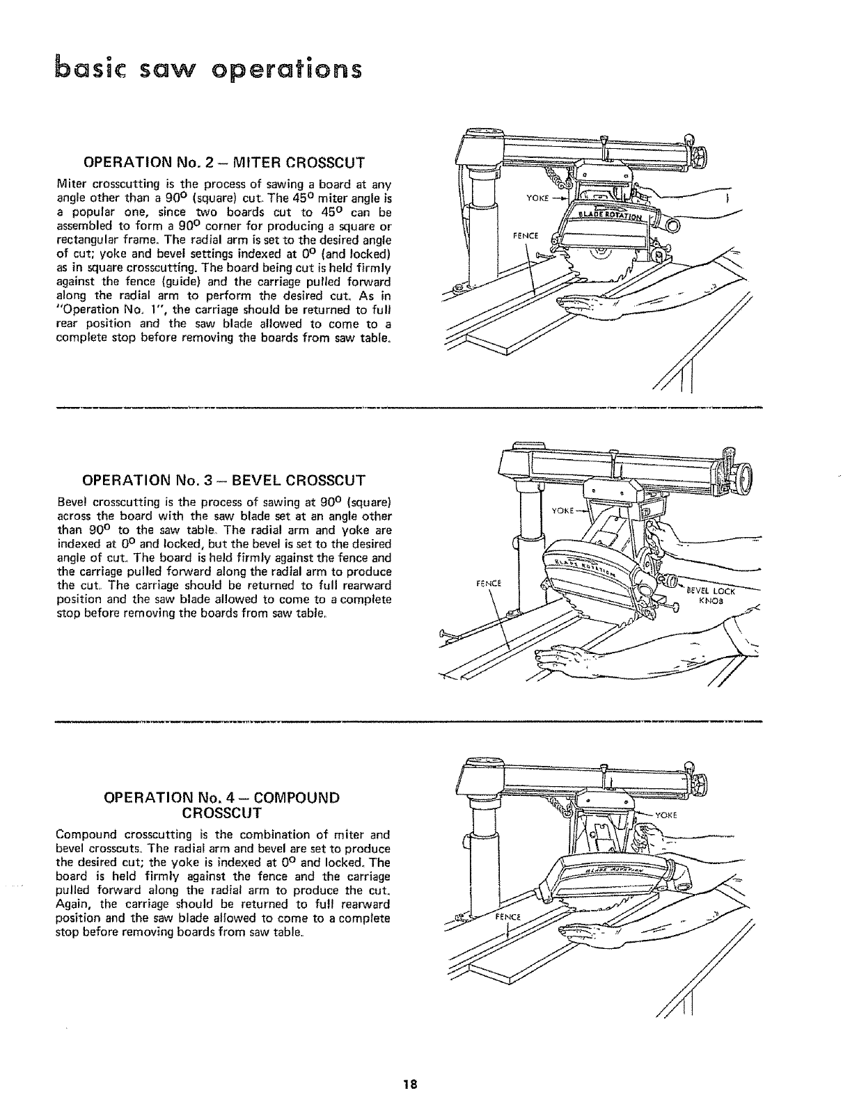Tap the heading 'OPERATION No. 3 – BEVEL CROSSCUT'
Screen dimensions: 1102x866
pos(223,480)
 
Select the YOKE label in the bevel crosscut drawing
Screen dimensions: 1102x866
pos(562,510)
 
